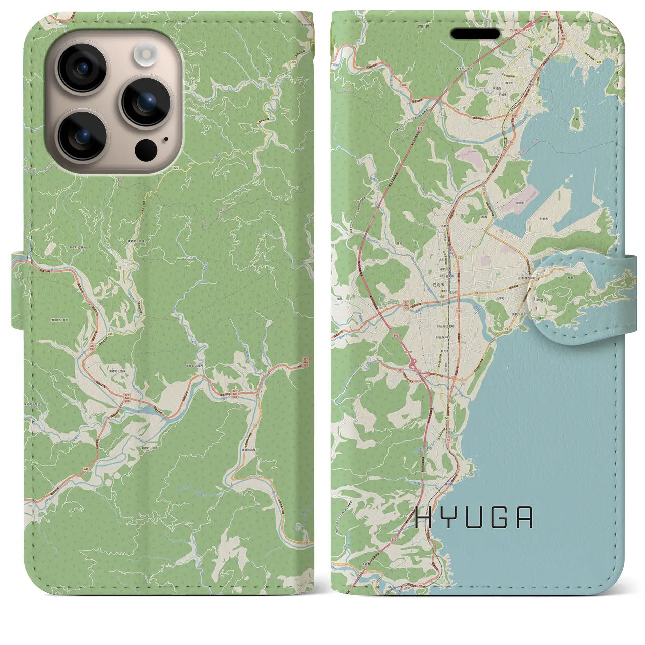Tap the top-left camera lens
click(x=81, y=68)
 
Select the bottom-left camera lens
click(x=81, y=135)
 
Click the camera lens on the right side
click(x=146, y=102)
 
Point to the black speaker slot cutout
click(x=475, y=34)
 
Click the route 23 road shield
click(x=476, y=293)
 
